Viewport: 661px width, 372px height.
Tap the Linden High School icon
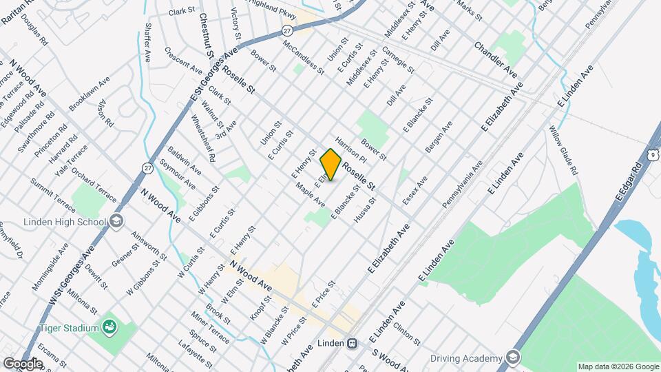[x=116, y=222]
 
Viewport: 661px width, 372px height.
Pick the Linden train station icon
[x=352, y=342]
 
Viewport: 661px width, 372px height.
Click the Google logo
[x=23, y=363]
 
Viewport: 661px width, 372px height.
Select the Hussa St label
[x=365, y=210]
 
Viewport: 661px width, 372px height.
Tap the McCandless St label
[x=303, y=56]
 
